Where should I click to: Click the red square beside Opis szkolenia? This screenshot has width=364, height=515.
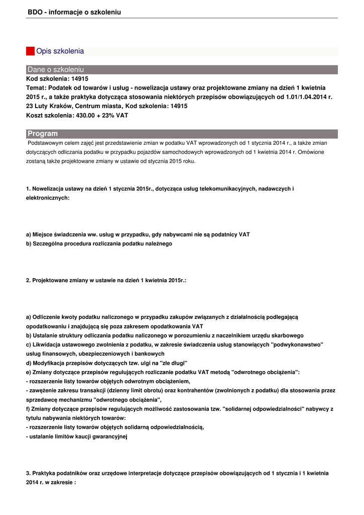[x=30, y=51]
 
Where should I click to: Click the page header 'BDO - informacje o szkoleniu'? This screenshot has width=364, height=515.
[x=74, y=12]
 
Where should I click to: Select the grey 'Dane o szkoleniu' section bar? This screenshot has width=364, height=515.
[x=182, y=69]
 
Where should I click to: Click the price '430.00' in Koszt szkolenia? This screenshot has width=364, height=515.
[x=84, y=115]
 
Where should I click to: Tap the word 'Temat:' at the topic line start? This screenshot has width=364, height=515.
[x=36, y=88]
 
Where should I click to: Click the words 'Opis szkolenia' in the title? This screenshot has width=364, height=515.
[x=60, y=51]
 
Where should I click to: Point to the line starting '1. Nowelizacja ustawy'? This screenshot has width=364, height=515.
[x=160, y=189]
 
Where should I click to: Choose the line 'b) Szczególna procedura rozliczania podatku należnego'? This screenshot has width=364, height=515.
[x=99, y=244]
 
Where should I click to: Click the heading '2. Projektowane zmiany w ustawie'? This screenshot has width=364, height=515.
[x=106, y=280]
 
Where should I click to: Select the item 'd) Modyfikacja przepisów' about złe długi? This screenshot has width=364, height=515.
[x=106, y=363]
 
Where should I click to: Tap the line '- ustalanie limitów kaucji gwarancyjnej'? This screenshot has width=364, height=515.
[x=77, y=437]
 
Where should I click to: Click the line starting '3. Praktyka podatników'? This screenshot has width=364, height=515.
[x=177, y=473]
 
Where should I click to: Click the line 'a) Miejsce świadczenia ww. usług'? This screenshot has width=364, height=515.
[x=138, y=235]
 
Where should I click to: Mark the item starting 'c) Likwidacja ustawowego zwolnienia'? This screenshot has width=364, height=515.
[x=174, y=345]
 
